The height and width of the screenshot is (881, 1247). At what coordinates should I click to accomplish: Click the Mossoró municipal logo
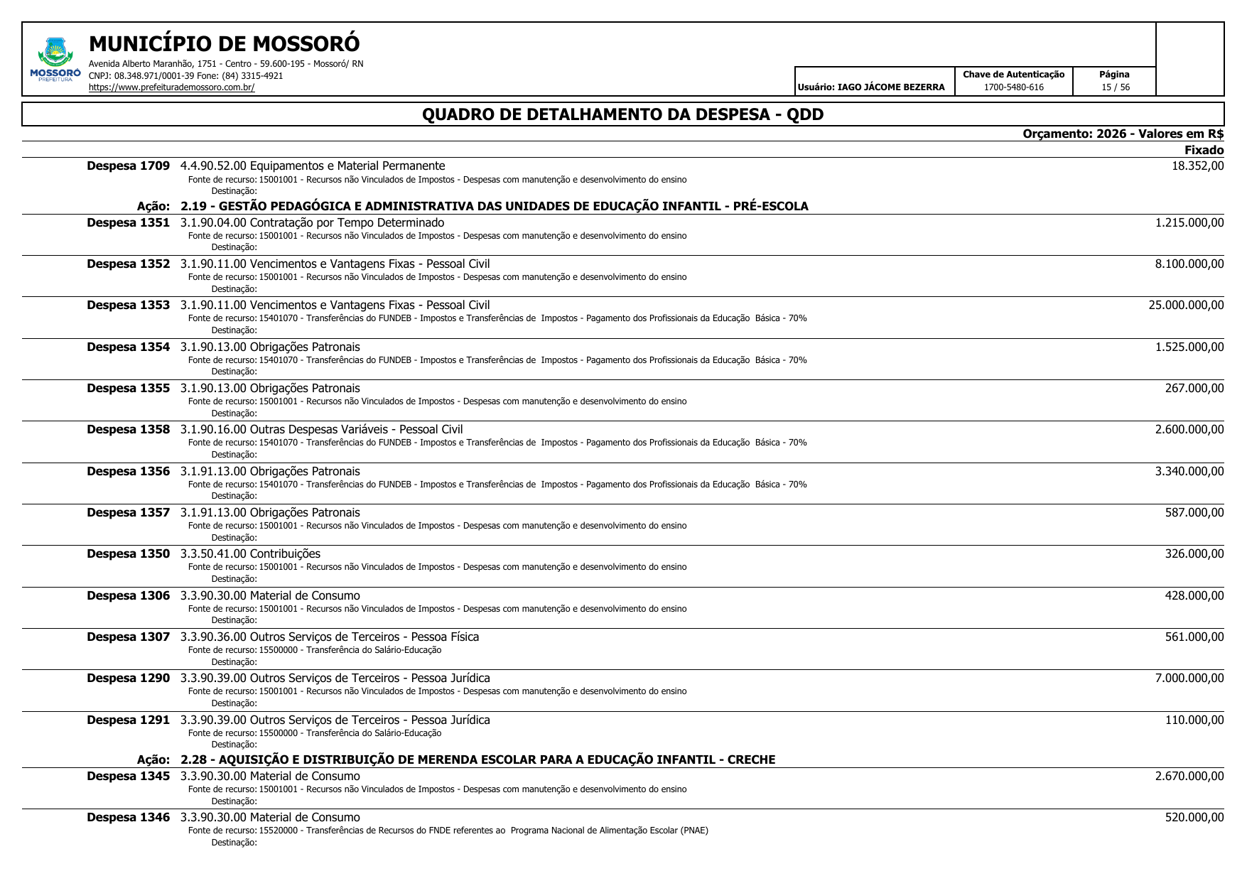pyautogui.click(x=55, y=60)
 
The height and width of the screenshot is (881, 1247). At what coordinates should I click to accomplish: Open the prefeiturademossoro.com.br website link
pyautogui.click(x=171, y=87)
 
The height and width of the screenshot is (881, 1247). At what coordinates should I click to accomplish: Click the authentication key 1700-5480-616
pyautogui.click(x=1013, y=87)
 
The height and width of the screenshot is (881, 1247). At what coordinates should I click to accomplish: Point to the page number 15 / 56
pyautogui.click(x=1115, y=87)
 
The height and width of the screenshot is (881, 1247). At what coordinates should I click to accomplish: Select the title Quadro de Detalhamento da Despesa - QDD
pyautogui.click(x=622, y=114)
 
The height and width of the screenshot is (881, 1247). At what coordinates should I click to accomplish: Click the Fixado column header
pyautogui.click(x=1204, y=150)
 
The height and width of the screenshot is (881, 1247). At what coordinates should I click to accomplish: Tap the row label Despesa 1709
pyautogui.click(x=128, y=166)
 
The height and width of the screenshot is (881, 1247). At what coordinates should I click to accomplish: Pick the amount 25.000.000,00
pyautogui.click(x=1186, y=306)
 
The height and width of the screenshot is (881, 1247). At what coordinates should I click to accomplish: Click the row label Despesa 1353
pyautogui.click(x=128, y=306)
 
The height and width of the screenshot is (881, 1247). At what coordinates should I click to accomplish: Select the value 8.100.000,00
pyautogui.click(x=1189, y=264)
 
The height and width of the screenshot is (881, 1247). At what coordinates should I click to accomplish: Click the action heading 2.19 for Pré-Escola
pyautogui.click(x=494, y=207)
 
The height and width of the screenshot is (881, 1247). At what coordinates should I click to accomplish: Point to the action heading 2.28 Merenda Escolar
pyautogui.click(x=477, y=760)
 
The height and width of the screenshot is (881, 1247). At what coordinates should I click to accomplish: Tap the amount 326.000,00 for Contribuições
pyautogui.click(x=1194, y=554)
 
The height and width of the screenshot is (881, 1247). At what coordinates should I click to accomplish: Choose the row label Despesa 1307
pyautogui.click(x=128, y=637)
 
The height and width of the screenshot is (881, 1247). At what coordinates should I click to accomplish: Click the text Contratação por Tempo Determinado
pyautogui.click(x=347, y=223)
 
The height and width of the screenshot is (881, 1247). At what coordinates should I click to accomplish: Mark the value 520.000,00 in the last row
pyautogui.click(x=1194, y=818)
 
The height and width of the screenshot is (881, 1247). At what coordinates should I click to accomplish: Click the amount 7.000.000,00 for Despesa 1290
pyautogui.click(x=1189, y=679)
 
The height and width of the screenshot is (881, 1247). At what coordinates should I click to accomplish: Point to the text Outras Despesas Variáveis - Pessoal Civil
pyautogui.click(x=356, y=430)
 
